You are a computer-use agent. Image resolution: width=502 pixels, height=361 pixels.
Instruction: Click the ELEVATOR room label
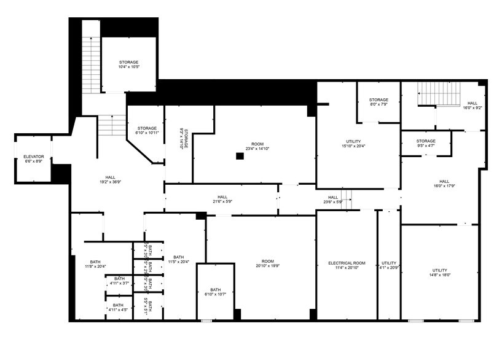pyautogui.click(x=34, y=157)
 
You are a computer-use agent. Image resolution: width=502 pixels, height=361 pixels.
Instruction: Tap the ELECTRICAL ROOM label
pyautogui.click(x=347, y=263)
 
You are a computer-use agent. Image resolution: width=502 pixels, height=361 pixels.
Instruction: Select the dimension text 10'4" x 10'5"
pyautogui.click(x=129, y=67)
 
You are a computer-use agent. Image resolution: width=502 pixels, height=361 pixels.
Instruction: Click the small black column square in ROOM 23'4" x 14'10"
pyautogui.click(x=240, y=156)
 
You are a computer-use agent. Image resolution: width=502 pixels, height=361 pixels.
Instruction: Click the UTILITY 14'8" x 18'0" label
pyautogui.click(x=439, y=270)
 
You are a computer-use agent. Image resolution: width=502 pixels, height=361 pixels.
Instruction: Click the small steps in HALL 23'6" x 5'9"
pyautogui.click(x=347, y=197)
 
